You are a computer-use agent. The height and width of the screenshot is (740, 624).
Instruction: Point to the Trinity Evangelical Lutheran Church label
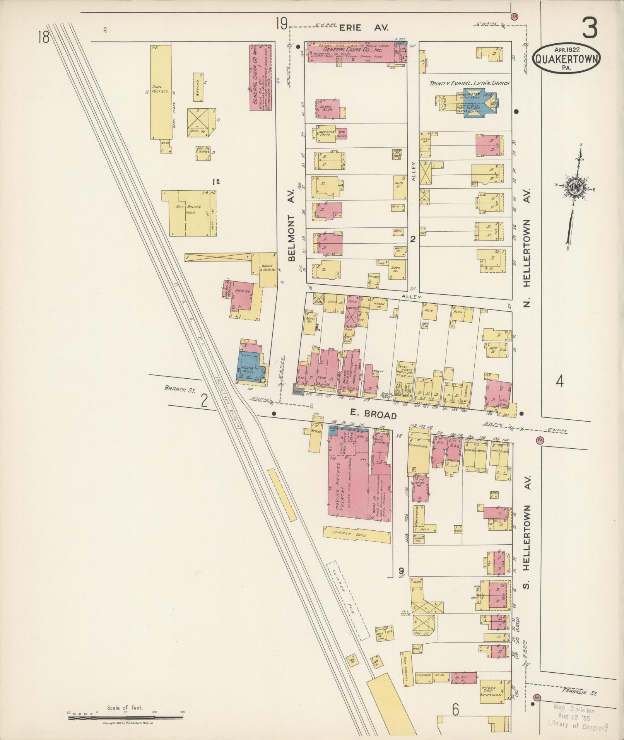[470, 83]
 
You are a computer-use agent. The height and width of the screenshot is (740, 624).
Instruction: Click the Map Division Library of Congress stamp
[576, 718]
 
